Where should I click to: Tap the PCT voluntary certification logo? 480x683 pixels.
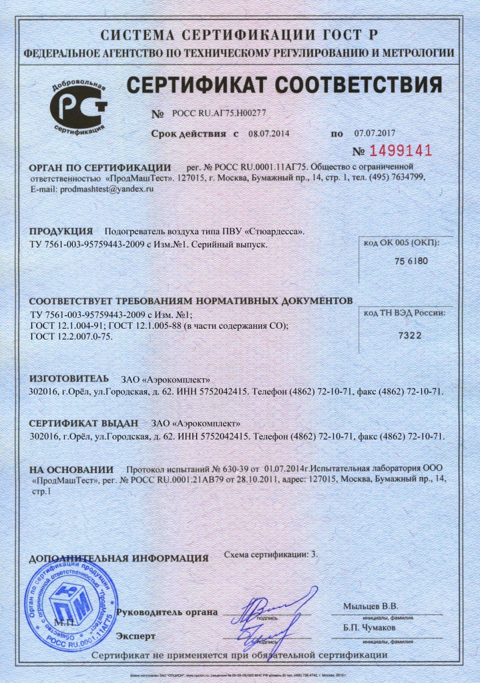[x=79, y=107]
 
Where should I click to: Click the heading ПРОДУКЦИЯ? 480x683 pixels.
[x=61, y=231]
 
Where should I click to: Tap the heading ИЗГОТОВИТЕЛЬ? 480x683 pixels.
[x=69, y=378]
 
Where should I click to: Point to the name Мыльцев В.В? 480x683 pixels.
[x=371, y=606]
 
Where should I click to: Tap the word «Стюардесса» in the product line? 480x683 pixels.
[x=274, y=231]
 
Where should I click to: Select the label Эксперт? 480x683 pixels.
[x=136, y=636]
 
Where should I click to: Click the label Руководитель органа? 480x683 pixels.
[x=167, y=612]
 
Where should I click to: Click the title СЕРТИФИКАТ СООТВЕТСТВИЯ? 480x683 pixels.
[x=284, y=85]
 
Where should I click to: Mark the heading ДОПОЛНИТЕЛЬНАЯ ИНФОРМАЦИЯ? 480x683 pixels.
[x=119, y=558]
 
